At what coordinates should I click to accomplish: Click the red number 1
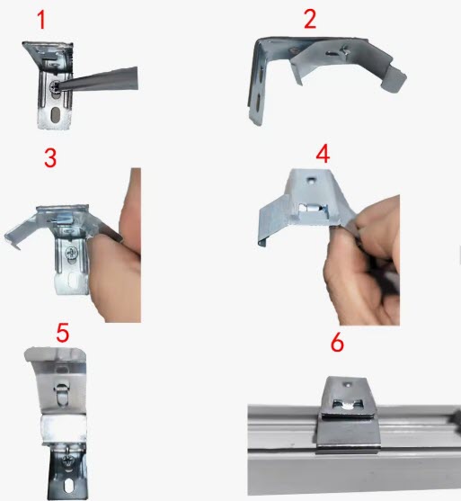(41, 20)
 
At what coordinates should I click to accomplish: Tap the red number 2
(310, 19)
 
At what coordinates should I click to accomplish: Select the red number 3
(50, 157)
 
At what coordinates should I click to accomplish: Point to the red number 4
(323, 154)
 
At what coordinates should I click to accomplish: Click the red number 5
(63, 333)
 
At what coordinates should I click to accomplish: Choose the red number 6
(337, 342)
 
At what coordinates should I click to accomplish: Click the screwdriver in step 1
(97, 79)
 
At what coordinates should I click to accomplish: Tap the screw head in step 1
(53, 86)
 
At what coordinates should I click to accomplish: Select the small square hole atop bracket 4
(311, 181)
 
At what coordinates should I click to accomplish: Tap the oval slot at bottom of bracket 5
(68, 486)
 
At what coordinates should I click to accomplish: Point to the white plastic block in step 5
(64, 428)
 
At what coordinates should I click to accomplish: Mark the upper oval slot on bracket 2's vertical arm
(262, 74)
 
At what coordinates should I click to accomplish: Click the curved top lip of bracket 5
(55, 354)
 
